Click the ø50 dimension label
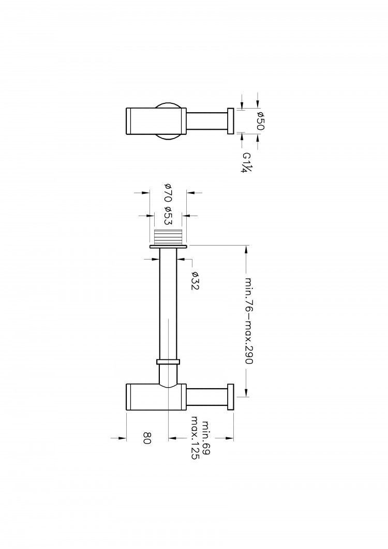coord(260,121)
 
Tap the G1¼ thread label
coord(247,162)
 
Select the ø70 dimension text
coord(168,192)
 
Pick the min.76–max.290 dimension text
coord(248,321)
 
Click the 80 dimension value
coord(147,438)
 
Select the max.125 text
coord(195,438)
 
